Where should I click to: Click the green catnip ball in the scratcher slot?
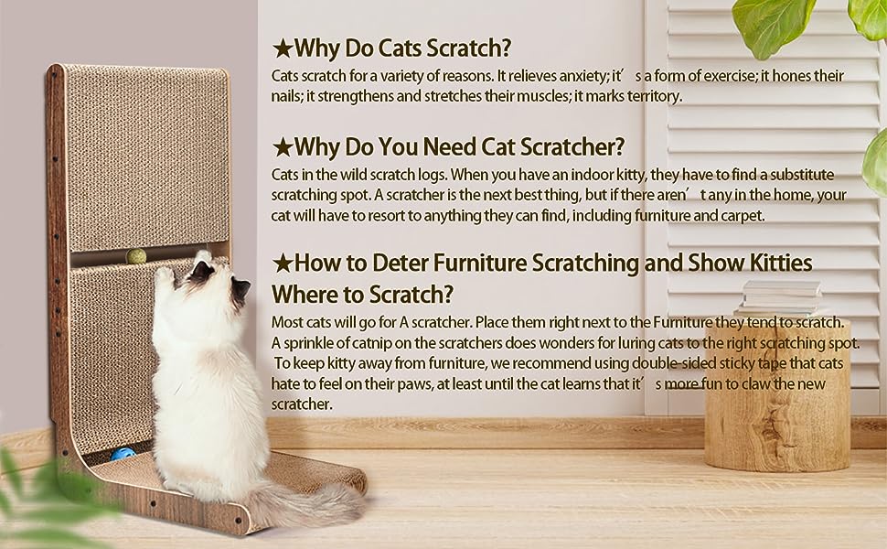click(x=135, y=257)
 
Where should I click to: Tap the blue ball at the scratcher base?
click(x=123, y=454)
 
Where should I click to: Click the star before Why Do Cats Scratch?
click(x=282, y=49)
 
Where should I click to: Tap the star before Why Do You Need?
click(x=282, y=148)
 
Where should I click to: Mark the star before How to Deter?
click(x=282, y=264)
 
